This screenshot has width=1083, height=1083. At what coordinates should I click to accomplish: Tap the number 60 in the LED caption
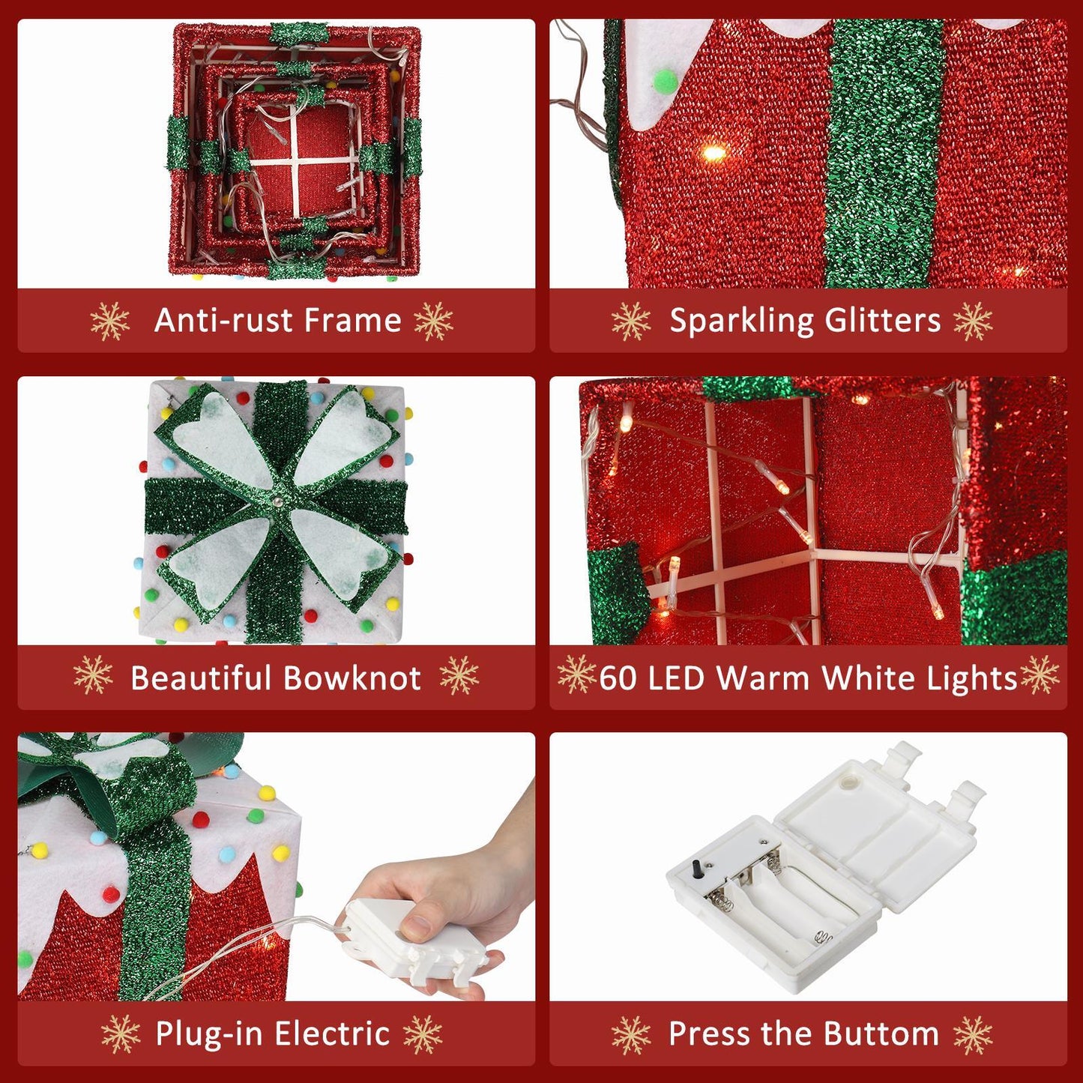[618, 678]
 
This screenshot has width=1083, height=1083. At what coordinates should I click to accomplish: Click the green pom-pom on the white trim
[666, 81]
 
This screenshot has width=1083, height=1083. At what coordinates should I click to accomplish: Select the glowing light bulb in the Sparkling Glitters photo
[714, 154]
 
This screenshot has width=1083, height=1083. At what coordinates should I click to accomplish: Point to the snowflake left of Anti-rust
[110, 321]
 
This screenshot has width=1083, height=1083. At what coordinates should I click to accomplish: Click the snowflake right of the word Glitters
[973, 321]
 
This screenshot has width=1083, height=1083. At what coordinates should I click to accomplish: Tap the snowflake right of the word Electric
[423, 1034]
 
